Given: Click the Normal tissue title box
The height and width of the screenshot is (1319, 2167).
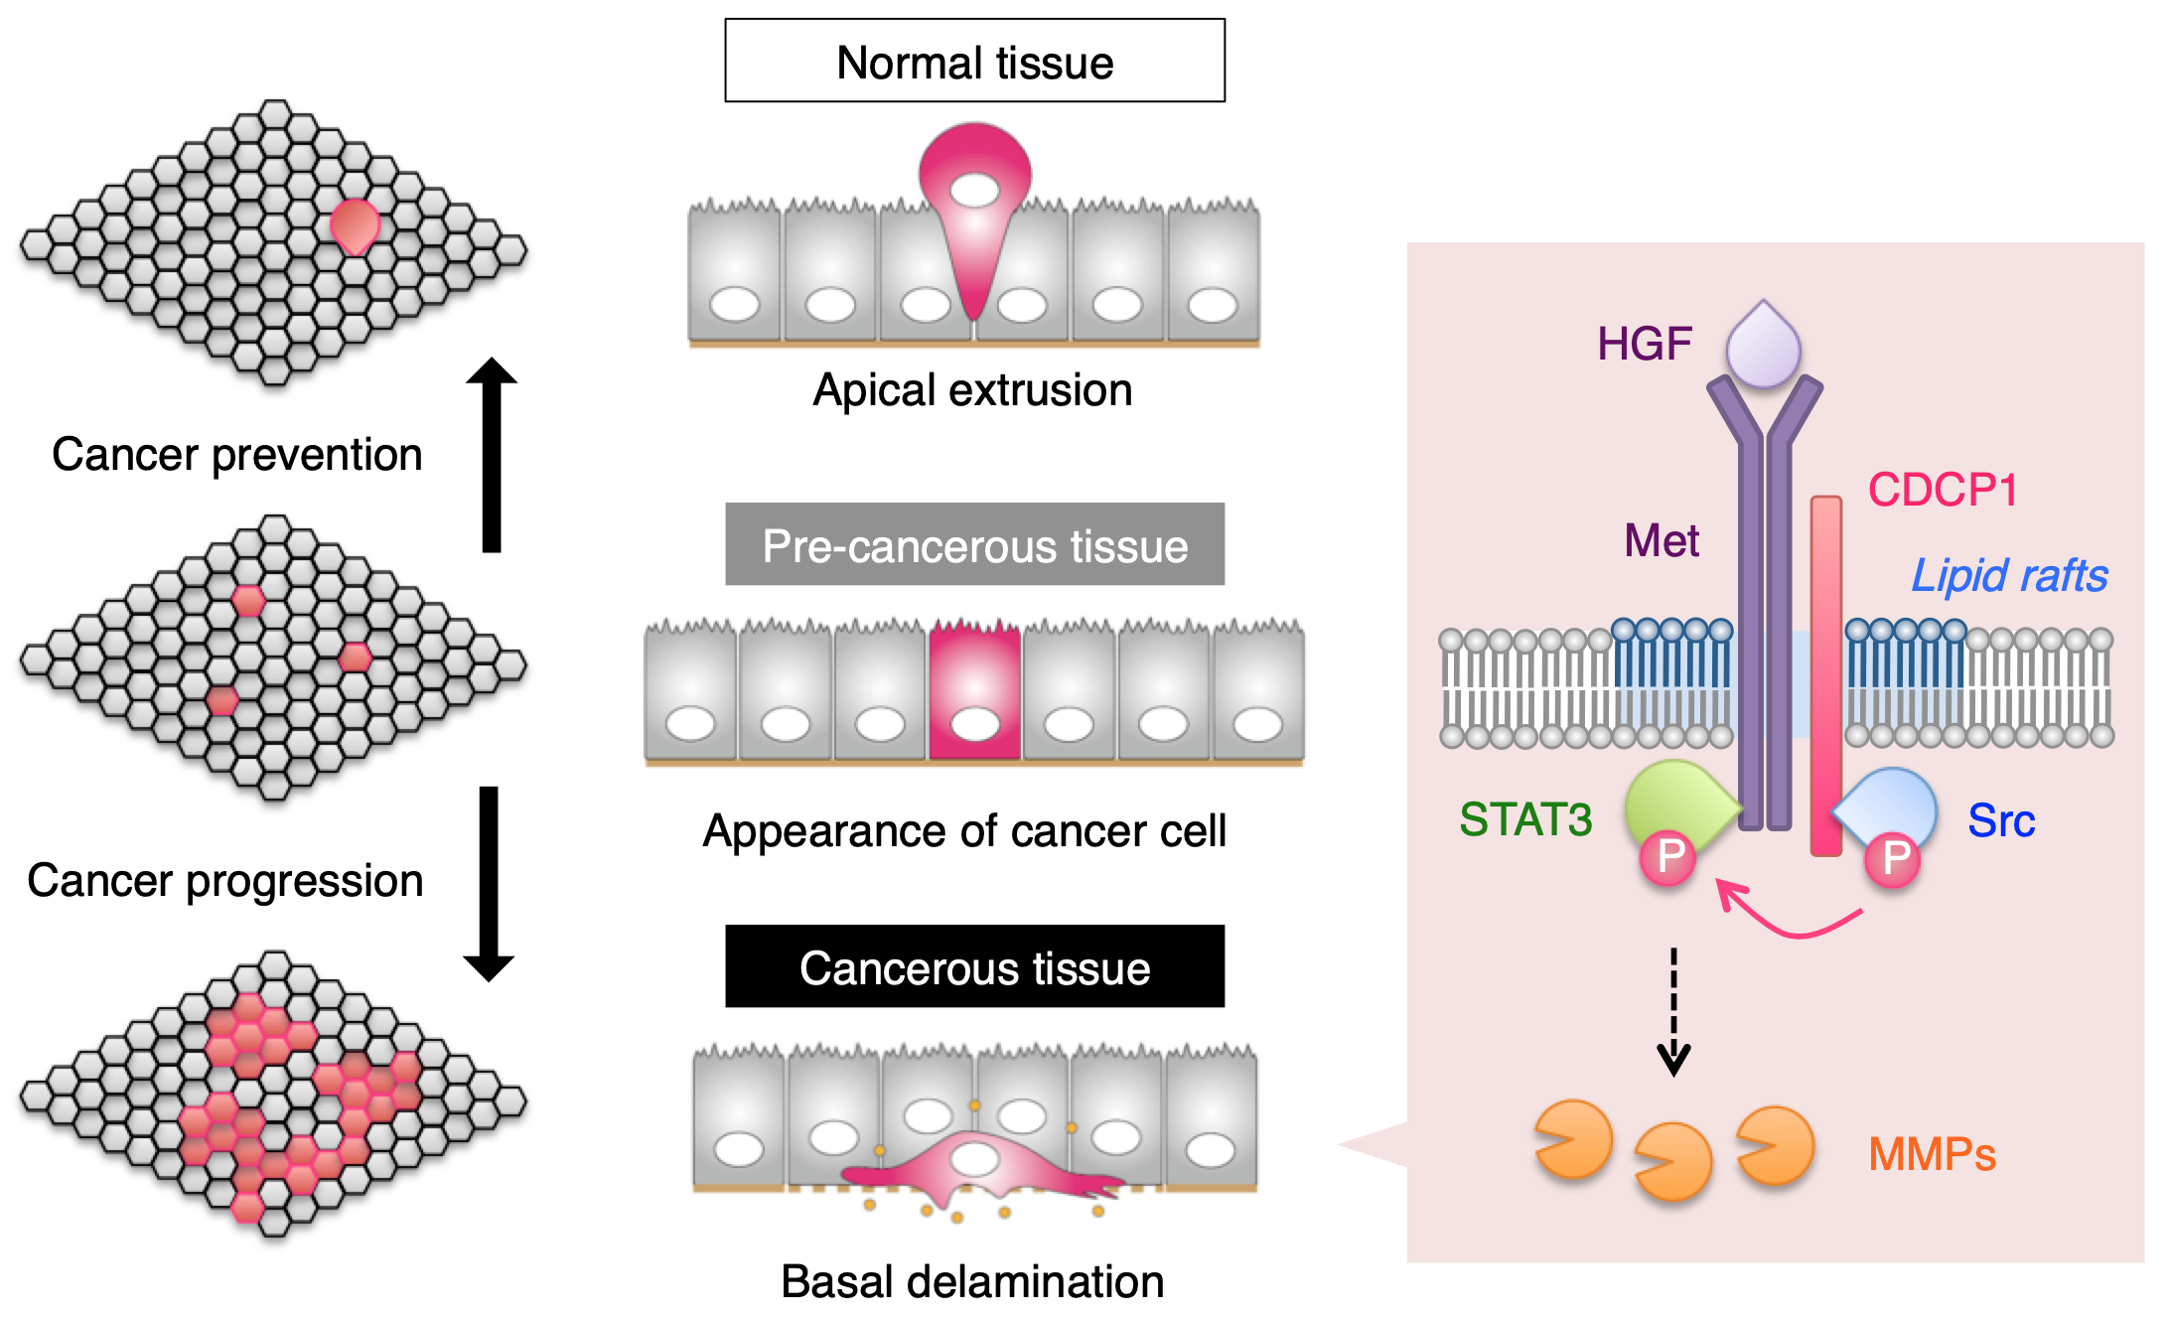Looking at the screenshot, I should pyautogui.click(x=974, y=61).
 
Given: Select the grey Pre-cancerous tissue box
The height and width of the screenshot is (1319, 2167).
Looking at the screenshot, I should pyautogui.click(x=974, y=544).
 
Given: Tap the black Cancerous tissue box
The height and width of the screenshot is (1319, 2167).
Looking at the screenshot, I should pyautogui.click(x=974, y=966).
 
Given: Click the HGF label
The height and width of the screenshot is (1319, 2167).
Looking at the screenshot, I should pyautogui.click(x=1644, y=344).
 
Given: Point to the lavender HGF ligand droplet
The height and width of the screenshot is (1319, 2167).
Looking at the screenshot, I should pyautogui.click(x=1763, y=345).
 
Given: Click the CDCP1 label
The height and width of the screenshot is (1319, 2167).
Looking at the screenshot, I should pyautogui.click(x=1942, y=490).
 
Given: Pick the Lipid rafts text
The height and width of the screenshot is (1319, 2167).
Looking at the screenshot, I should pyautogui.click(x=2009, y=576).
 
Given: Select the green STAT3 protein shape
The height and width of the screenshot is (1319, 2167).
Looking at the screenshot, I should pyautogui.click(x=1678, y=803).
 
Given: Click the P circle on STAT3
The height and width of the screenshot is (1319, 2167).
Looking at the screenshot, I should pyautogui.click(x=1668, y=856).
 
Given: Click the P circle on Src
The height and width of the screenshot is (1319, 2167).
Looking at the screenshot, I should pyautogui.click(x=1893, y=858).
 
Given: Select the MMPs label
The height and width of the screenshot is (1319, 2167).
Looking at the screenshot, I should pyautogui.click(x=1932, y=1154).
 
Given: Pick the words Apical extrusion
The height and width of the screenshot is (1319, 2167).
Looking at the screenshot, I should pyautogui.click(x=972, y=389).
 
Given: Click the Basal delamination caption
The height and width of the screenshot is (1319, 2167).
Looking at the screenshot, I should pyautogui.click(x=972, y=1281).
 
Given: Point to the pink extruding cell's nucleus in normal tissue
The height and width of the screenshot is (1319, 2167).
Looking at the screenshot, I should pyautogui.click(x=974, y=189).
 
